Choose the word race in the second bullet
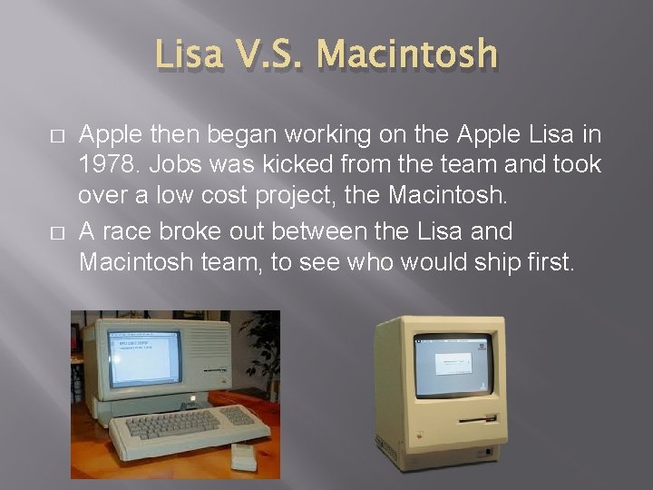tap(123, 231)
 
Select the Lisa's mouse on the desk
tap(244, 456)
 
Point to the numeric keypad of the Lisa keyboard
tap(238, 416)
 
